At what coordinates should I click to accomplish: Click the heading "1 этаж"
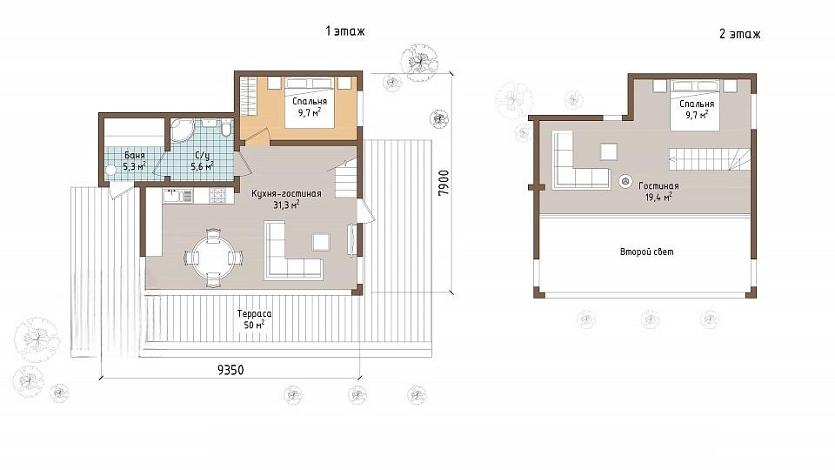(345, 31)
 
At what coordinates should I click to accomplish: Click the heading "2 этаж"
(739, 34)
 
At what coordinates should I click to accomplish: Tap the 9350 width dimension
(230, 370)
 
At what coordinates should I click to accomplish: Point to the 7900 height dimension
(444, 182)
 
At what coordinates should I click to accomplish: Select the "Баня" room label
(135, 156)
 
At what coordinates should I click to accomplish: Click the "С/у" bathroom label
(203, 156)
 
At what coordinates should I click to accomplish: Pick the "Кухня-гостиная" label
(286, 193)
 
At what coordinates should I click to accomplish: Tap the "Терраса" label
(255, 314)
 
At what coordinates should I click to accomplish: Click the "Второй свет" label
(646, 252)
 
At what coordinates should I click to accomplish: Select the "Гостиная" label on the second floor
(658, 186)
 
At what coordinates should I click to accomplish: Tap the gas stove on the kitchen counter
(218, 196)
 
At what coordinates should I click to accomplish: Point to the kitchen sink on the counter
(177, 196)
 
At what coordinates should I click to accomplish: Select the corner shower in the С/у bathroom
(182, 130)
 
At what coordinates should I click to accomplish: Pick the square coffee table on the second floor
(609, 151)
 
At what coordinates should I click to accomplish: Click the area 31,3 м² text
(286, 204)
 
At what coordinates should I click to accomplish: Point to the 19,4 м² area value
(658, 197)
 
